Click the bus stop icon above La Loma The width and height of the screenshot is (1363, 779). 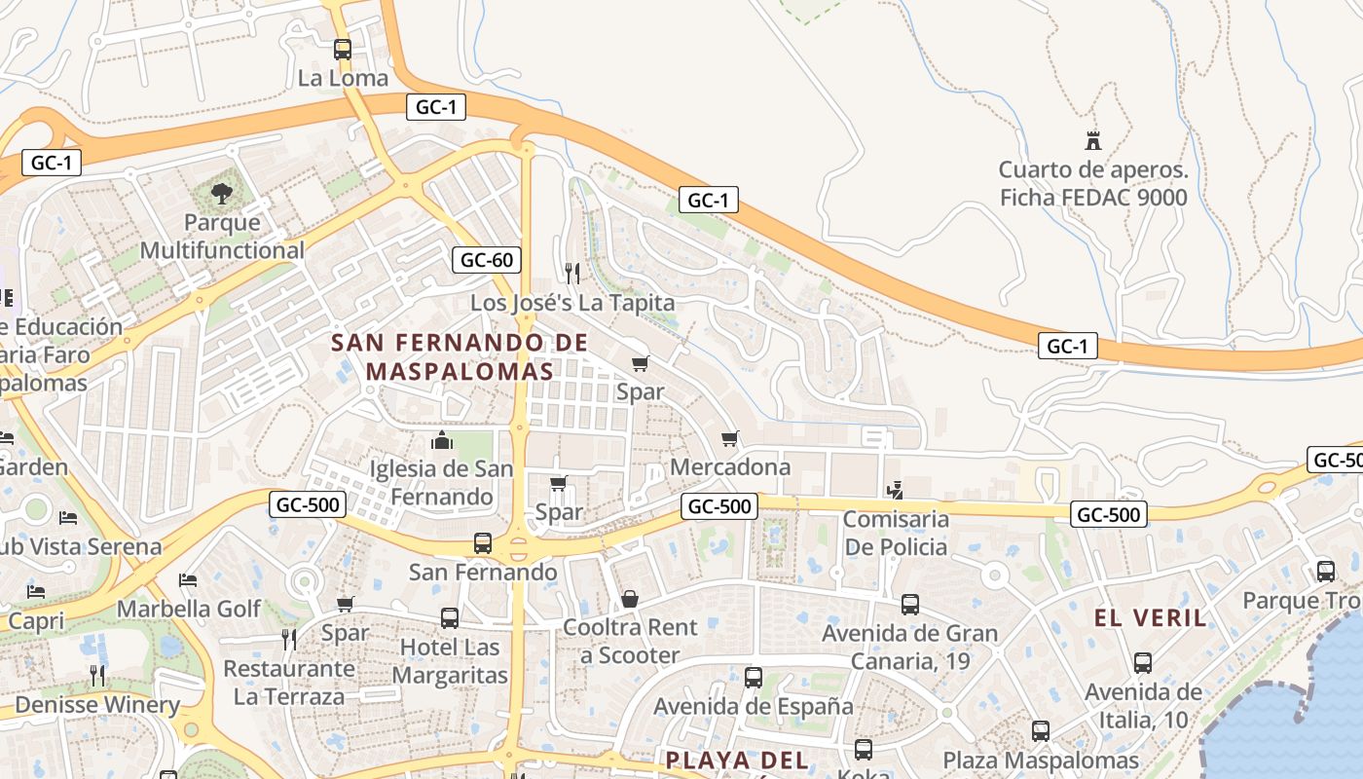pos(342,49)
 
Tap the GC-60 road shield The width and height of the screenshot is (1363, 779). pos(487,260)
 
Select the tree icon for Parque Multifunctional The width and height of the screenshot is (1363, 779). pos(222,193)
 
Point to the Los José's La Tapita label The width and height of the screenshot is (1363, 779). pos(572,303)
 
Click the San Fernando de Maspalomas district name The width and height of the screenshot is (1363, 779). pos(460,356)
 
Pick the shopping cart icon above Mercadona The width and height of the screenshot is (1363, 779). pos(730,438)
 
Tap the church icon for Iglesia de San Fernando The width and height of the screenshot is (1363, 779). pos(441,440)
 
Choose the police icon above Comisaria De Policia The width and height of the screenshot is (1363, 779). pos(895,490)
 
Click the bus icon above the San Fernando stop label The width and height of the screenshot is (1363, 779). pos(483,542)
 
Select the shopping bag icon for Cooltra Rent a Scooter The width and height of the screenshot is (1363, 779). pos(630,599)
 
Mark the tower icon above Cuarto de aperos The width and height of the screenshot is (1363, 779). pos(1093,140)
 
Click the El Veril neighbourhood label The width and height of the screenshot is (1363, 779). pos(1150,617)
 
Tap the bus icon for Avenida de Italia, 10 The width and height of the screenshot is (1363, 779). pos(1143,663)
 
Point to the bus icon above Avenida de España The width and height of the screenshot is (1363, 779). pos(753,678)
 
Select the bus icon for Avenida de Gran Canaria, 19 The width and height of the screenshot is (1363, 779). pos(910,605)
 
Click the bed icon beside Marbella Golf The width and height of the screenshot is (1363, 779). pos(188,580)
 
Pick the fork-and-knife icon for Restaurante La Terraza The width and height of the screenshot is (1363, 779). pos(289,639)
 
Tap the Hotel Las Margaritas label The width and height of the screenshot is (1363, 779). pos(450,660)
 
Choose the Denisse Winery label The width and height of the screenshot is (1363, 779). pos(97,704)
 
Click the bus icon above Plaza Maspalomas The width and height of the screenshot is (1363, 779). pos(1041,731)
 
